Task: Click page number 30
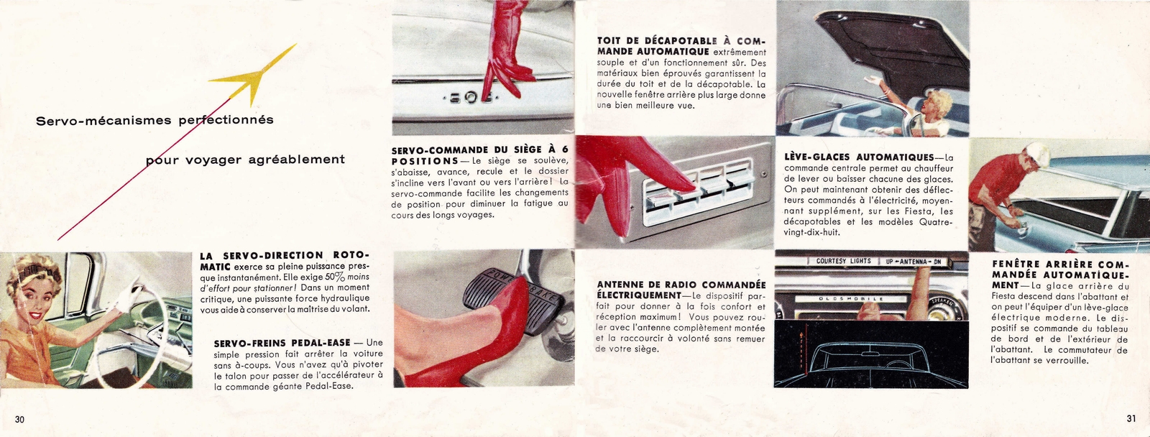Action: click(19, 420)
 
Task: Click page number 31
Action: click(1130, 420)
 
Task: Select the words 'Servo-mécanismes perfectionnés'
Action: click(155, 120)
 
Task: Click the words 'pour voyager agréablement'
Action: click(245, 160)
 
